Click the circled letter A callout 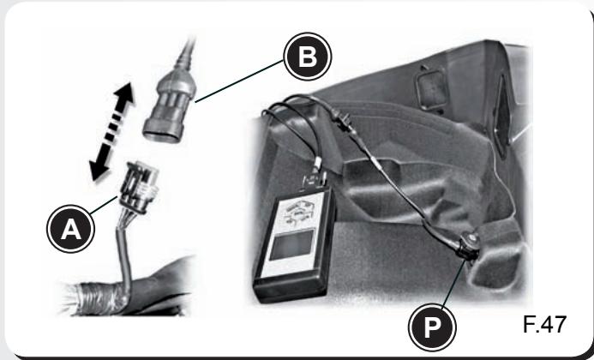coord(71,229)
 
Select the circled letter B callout coord(308,57)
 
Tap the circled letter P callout coord(432,327)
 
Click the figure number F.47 coord(544,324)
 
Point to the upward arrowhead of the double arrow coord(123,95)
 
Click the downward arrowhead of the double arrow coord(99,170)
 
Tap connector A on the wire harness coord(137,187)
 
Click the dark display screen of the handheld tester coord(291,245)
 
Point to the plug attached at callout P coord(468,246)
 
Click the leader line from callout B coord(239,81)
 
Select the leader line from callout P coord(453,283)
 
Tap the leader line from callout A coord(104,205)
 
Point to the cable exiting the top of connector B coord(187,52)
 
